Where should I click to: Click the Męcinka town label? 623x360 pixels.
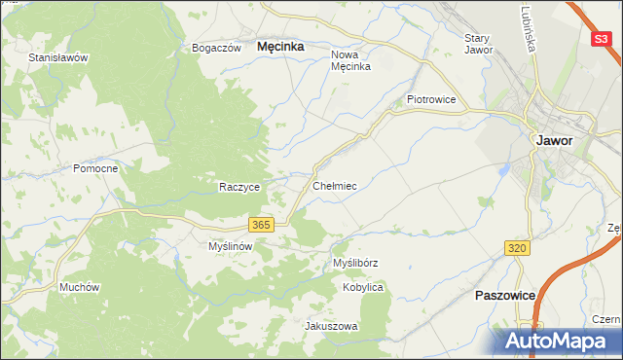point(280,46)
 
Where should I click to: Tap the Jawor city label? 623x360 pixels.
point(553,140)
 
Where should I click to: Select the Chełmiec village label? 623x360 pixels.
point(335,185)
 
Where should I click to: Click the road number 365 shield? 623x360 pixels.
point(260,225)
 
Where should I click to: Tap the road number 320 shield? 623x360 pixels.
point(517,249)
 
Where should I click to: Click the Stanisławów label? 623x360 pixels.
point(58,57)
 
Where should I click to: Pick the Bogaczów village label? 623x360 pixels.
point(216,48)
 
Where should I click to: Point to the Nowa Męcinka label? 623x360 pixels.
point(351,61)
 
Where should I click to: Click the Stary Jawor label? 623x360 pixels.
point(478,44)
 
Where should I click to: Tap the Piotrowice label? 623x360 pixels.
point(431,99)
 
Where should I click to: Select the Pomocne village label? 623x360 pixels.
point(95,168)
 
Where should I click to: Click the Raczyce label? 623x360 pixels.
point(239,187)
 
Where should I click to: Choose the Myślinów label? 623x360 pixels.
point(231,247)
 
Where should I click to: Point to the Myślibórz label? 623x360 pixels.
point(355,264)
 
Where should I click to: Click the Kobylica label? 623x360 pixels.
point(363,288)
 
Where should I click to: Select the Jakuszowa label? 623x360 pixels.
point(332,327)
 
